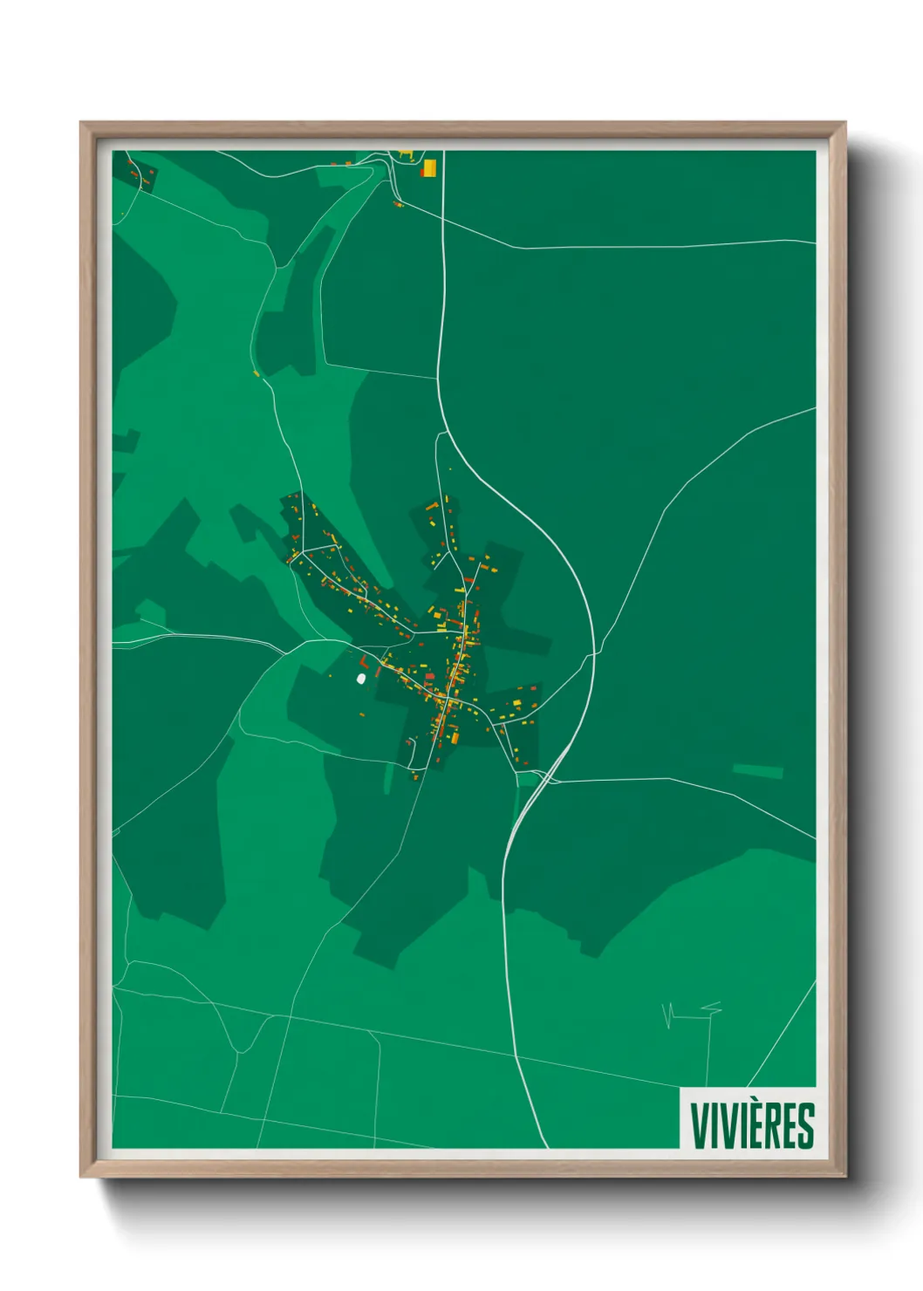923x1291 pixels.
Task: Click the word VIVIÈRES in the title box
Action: [752, 1125]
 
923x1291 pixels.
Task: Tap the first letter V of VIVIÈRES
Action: [700, 1125]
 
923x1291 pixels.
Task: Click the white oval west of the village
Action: [360, 678]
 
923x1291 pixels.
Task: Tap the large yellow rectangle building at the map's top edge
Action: [429, 167]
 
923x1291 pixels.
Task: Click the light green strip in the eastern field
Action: [757, 770]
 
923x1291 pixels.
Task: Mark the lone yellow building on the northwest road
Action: [256, 373]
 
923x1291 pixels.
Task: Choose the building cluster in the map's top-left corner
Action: [140, 173]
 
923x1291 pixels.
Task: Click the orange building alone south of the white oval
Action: [363, 715]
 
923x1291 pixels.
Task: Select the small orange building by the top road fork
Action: [398, 204]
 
